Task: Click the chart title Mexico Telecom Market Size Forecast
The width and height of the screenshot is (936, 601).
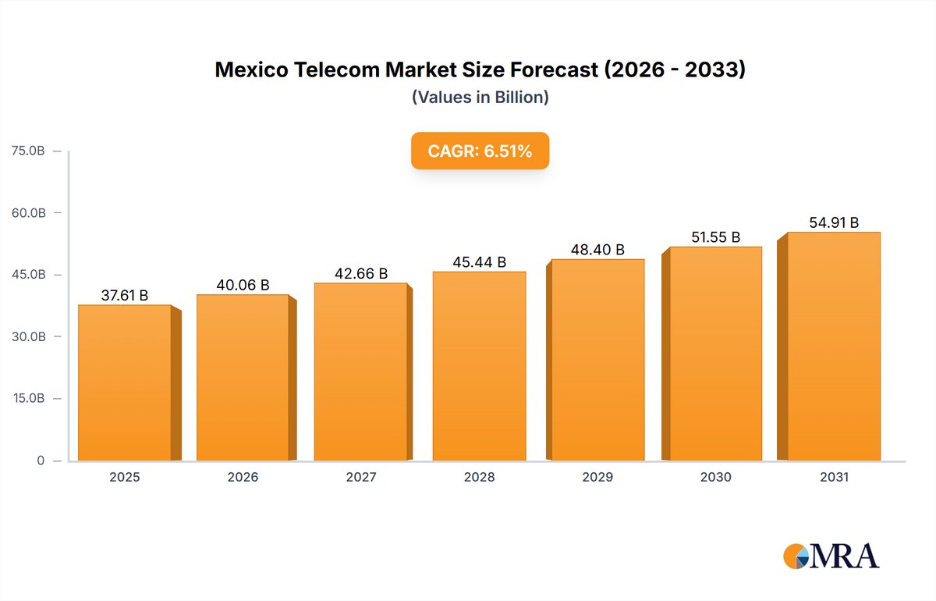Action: coord(480,70)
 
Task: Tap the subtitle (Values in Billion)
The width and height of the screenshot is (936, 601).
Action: coord(480,98)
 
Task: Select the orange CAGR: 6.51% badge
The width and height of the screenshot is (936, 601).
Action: coord(480,151)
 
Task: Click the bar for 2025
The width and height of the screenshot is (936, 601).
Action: coord(125,382)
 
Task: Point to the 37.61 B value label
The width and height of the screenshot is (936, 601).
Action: coord(125,295)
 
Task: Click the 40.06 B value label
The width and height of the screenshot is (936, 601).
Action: coord(243,285)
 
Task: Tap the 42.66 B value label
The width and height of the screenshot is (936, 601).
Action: coord(361,274)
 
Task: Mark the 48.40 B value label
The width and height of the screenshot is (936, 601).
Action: coord(597,250)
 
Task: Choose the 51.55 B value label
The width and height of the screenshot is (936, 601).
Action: coord(715,237)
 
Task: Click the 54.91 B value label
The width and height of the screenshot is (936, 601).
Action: coord(834,223)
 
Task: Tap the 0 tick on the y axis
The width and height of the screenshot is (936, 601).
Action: coord(41,461)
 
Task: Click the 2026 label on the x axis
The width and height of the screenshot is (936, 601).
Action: coord(243,477)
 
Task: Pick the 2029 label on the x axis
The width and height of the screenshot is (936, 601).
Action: coord(597,477)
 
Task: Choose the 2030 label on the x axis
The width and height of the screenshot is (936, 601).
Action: coord(715,477)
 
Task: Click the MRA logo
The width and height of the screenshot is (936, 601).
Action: coord(831,556)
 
